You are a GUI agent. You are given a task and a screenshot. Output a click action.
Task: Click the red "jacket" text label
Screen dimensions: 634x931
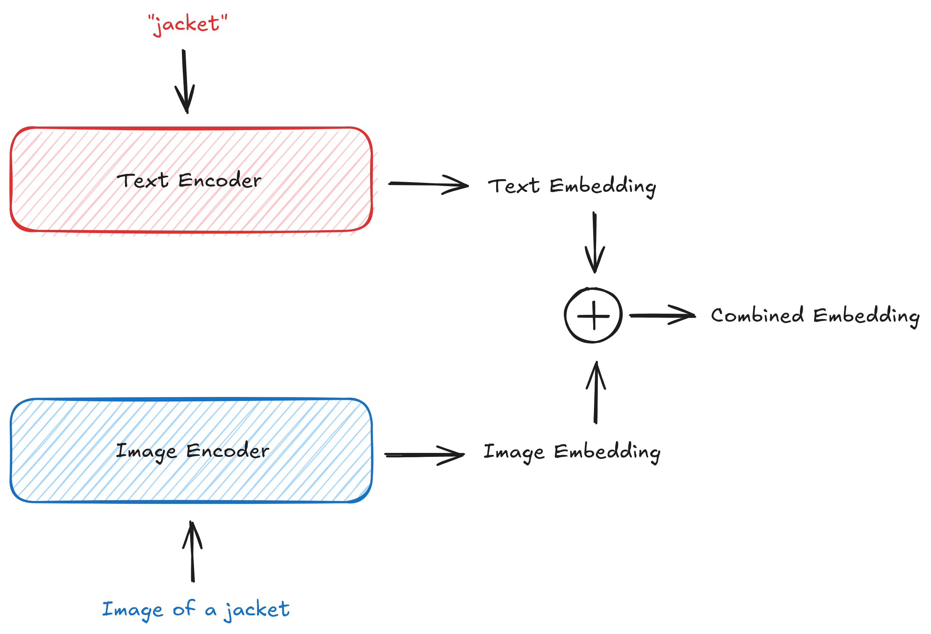pos(187,24)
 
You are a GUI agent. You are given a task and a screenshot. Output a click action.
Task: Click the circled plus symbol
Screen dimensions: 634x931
pos(593,315)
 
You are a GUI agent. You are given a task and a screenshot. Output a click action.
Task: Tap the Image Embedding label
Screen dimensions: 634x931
pos(572,452)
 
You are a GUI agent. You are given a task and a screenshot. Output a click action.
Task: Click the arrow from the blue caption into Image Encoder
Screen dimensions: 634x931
pos(193,552)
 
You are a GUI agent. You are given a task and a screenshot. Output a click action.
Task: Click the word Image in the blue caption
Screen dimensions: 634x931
pos(133,610)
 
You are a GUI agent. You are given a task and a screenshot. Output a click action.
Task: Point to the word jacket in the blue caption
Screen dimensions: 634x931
pos(257,610)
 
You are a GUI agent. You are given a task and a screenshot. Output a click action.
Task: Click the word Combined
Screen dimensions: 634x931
pos(757,315)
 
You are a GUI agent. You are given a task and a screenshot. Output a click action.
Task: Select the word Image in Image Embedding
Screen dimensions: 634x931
pos(514,452)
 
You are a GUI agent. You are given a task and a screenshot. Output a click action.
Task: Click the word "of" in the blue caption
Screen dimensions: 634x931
pos(184,609)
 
